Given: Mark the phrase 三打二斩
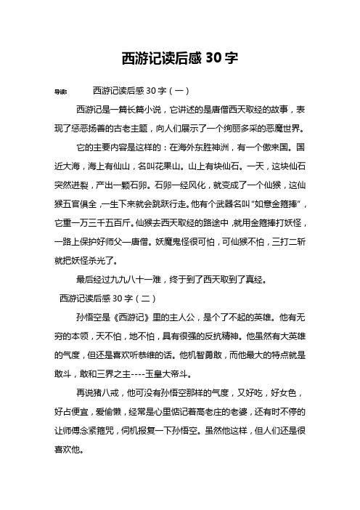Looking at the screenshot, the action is tap(287, 240).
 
